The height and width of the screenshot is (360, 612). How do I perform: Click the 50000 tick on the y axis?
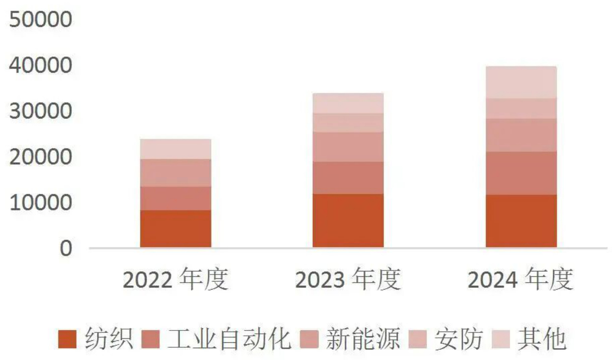41,20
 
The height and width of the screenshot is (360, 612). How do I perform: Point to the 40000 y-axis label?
41,65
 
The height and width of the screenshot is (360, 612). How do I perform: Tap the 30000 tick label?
41,111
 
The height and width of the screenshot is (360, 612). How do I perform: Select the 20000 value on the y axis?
41,157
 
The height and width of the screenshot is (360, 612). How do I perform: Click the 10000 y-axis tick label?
41,203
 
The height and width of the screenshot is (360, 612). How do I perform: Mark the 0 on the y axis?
65,248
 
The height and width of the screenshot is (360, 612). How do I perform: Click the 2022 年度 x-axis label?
175,280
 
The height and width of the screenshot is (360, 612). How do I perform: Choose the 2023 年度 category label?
348,280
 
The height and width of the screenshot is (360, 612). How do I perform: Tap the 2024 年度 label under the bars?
521,280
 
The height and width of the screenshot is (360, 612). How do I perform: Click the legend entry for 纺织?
96,339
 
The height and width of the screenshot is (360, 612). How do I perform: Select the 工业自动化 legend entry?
217,339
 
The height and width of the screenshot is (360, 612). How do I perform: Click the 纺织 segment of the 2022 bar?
175,229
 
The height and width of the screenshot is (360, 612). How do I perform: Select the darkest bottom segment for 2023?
348,220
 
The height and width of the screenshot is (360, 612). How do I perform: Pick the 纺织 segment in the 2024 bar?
521,221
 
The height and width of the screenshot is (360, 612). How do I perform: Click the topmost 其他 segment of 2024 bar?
521,82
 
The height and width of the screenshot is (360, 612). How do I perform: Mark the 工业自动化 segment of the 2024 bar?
521,173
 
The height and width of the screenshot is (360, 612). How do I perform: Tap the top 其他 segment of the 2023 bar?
348,103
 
